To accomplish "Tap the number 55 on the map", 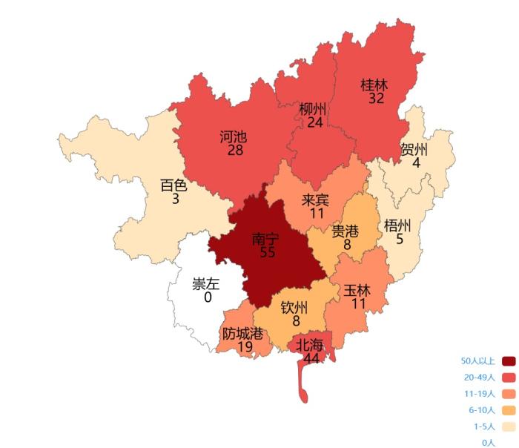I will click(268, 253).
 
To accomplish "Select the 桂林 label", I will click(376, 85).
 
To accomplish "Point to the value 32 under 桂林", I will click(376, 98).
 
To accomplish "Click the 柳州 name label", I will click(314, 109).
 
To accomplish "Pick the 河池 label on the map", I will click(234, 137).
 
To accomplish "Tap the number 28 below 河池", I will click(236, 151).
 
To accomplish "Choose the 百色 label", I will click(175, 185).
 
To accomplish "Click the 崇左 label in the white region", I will click(207, 284).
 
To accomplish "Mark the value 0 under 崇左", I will click(208, 297).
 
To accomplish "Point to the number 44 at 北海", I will click(311, 358).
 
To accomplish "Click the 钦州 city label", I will click(295, 308).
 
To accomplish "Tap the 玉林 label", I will click(358, 290).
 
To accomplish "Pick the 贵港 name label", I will click(346, 231).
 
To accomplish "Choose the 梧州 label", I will click(399, 225).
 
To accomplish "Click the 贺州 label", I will click(415, 149).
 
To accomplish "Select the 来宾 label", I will click(317, 200).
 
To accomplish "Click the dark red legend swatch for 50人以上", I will click(509, 361).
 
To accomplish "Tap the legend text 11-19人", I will click(480, 394).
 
